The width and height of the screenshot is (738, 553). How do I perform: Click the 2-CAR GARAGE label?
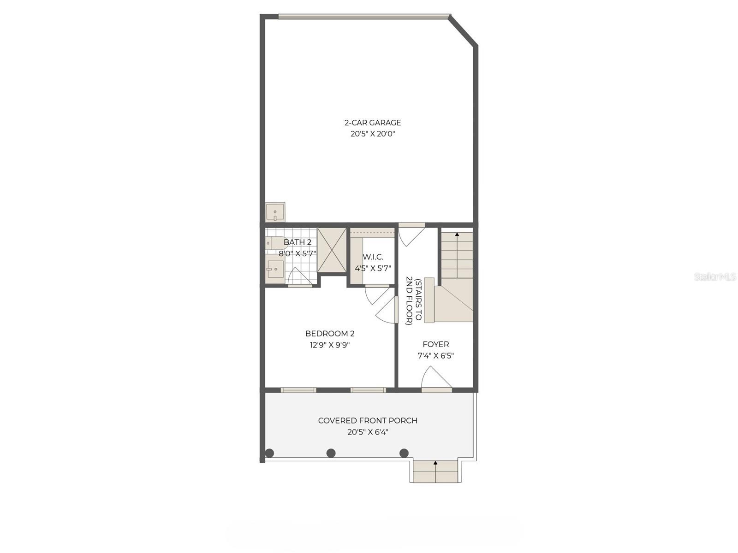click(x=373, y=123)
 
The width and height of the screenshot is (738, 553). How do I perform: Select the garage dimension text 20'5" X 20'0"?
click(x=373, y=134)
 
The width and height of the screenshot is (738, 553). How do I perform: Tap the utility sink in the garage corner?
click(x=275, y=213)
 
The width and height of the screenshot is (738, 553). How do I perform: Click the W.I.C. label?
click(x=373, y=257)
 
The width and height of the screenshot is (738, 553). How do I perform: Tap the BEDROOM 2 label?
click(x=330, y=334)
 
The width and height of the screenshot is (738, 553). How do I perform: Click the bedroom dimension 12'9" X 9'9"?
click(x=330, y=345)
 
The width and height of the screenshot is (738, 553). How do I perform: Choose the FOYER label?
click(x=436, y=344)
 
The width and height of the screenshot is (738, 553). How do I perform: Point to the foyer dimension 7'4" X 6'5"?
click(x=436, y=356)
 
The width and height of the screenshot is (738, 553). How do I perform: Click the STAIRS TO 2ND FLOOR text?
click(x=413, y=301)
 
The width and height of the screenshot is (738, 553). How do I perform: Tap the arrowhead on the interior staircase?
click(x=457, y=235)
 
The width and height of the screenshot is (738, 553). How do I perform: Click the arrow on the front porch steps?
click(x=435, y=462)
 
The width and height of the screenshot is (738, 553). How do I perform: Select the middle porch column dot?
click(x=331, y=453)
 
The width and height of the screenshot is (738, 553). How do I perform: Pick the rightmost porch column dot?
click(x=404, y=453)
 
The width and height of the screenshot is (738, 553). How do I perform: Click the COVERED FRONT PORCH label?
click(x=368, y=421)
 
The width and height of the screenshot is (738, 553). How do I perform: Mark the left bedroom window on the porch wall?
click(x=298, y=390)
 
